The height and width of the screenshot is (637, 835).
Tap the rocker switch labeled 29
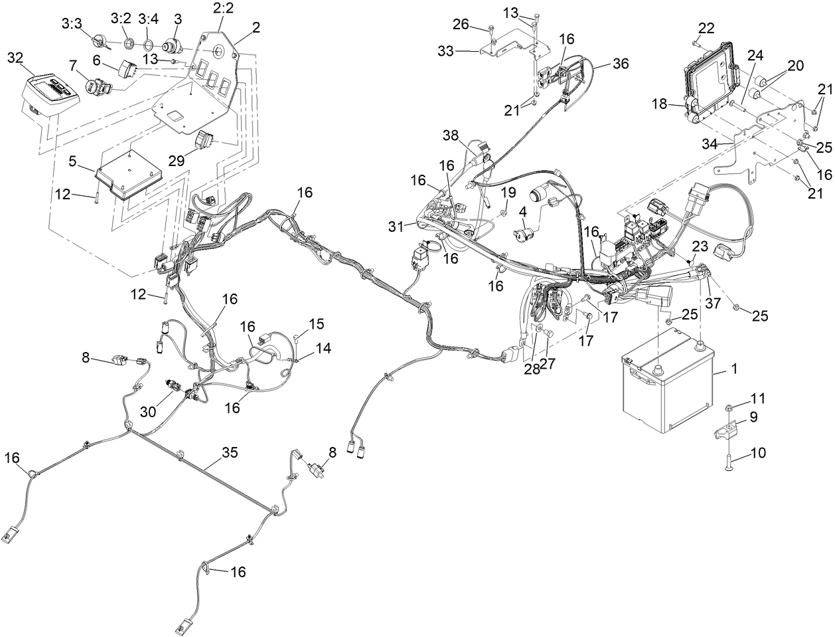(x=204, y=141)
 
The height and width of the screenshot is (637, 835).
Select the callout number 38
(x=451, y=135)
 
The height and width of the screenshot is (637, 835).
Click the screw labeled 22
(x=696, y=43)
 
